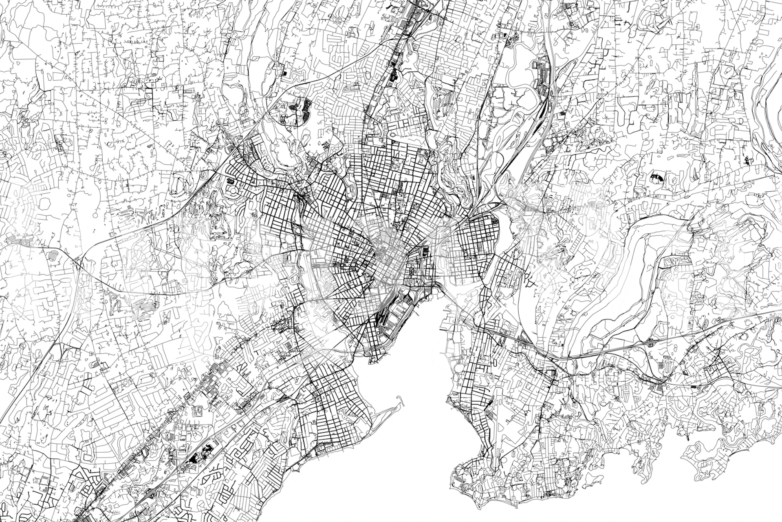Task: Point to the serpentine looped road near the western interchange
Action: (53, 256)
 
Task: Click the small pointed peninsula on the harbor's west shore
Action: (372, 361)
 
